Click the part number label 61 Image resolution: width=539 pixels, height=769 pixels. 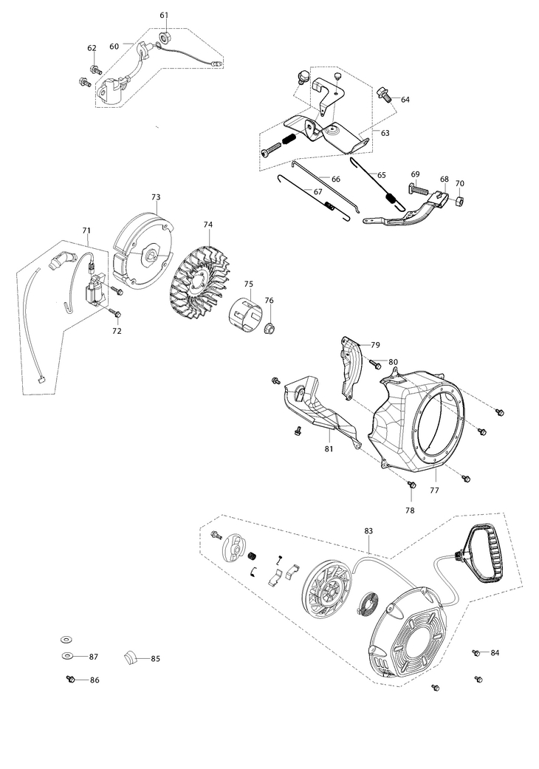pyautogui.click(x=164, y=16)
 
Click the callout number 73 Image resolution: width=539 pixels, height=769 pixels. pyautogui.click(x=156, y=197)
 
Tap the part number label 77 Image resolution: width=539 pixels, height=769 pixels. pyautogui.click(x=434, y=490)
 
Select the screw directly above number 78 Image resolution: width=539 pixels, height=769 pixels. pyautogui.click(x=411, y=484)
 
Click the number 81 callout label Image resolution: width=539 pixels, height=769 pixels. pyautogui.click(x=329, y=449)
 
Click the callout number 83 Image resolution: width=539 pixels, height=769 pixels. pyautogui.click(x=368, y=531)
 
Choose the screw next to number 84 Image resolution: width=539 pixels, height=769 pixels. pyautogui.click(x=476, y=653)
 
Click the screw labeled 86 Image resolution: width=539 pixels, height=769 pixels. pyautogui.click(x=71, y=679)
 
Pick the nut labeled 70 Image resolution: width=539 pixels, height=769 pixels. pyautogui.click(x=458, y=199)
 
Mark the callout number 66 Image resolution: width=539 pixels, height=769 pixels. pyautogui.click(x=336, y=179)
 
